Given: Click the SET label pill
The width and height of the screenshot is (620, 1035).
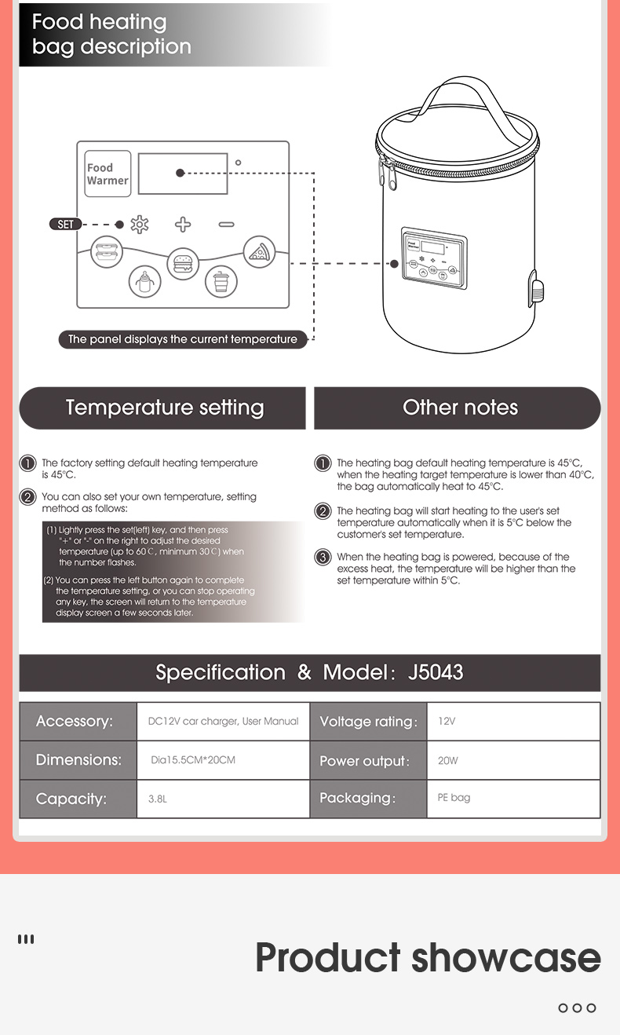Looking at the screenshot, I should pyautogui.click(x=65, y=225).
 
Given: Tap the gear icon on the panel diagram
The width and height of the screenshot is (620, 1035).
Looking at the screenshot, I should pyautogui.click(x=139, y=225).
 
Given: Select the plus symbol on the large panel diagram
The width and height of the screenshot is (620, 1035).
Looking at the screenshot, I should pyautogui.click(x=183, y=225).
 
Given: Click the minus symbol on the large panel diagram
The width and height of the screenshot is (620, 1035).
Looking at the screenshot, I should pyautogui.click(x=226, y=225).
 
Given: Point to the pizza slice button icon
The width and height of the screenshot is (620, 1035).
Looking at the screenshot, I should pyautogui.click(x=257, y=252).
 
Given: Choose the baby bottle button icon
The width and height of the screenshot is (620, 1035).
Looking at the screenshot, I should pyautogui.click(x=144, y=281).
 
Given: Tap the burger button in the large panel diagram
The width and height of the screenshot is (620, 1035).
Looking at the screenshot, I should pyautogui.click(x=183, y=261).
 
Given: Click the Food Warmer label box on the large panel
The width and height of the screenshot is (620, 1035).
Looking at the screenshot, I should pyautogui.click(x=108, y=174).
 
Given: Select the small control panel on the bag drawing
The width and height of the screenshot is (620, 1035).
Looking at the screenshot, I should pyautogui.click(x=430, y=257).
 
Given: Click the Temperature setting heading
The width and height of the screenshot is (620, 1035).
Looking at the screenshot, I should pyautogui.click(x=164, y=408).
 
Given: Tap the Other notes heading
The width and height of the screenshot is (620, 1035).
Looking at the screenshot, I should pyautogui.click(x=460, y=408).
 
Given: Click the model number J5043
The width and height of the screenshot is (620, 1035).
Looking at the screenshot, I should pyautogui.click(x=436, y=673).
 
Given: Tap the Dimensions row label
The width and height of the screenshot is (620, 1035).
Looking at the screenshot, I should pyautogui.click(x=78, y=760).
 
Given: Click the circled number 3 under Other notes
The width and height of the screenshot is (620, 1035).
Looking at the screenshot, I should pyautogui.click(x=323, y=558).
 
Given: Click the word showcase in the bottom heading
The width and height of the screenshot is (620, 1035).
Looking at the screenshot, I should pyautogui.click(x=506, y=958).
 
